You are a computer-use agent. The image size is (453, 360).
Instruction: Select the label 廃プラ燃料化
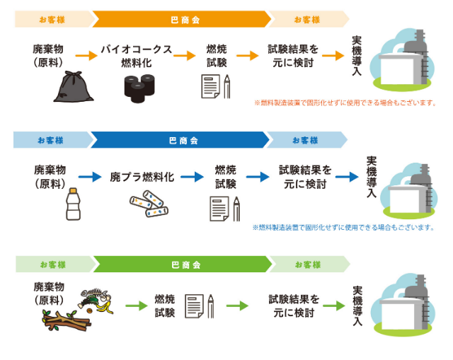point(142,176)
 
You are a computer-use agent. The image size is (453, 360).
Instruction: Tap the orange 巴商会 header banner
point(180,19)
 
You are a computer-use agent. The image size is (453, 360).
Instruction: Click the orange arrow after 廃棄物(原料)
point(86,55)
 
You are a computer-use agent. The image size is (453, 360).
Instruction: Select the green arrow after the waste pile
point(136,306)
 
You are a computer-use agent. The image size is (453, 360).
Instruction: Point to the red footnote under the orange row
point(344,103)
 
